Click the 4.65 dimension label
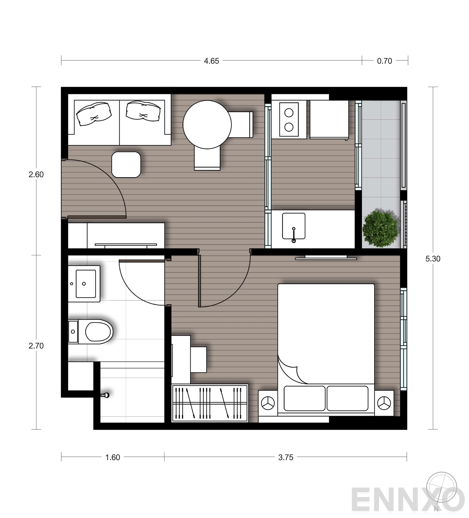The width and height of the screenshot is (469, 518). [x=211, y=61]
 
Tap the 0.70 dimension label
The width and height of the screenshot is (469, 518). [x=384, y=61]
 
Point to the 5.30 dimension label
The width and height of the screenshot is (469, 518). [x=433, y=259]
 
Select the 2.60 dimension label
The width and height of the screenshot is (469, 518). [x=36, y=174]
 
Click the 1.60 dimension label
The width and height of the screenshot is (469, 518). [x=113, y=457]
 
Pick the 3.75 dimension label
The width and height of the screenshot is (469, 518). [x=286, y=457]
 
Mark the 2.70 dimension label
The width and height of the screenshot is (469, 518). [x=36, y=346]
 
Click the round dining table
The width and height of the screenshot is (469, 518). [x=207, y=125]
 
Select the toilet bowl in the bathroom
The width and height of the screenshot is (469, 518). [x=98, y=332]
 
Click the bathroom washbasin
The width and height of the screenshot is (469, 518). [x=85, y=283]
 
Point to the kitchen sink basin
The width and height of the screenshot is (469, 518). [x=293, y=226]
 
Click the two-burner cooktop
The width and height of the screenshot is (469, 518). [x=289, y=119]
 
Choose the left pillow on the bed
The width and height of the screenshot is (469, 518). [x=304, y=398]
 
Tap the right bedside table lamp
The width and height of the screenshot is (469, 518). [x=384, y=403]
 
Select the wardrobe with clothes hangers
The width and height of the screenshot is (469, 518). [x=210, y=403]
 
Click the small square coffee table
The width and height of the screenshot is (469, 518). [x=126, y=164]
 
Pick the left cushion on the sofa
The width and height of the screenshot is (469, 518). [x=94, y=114]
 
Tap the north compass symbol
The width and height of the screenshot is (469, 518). [x=441, y=488]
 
